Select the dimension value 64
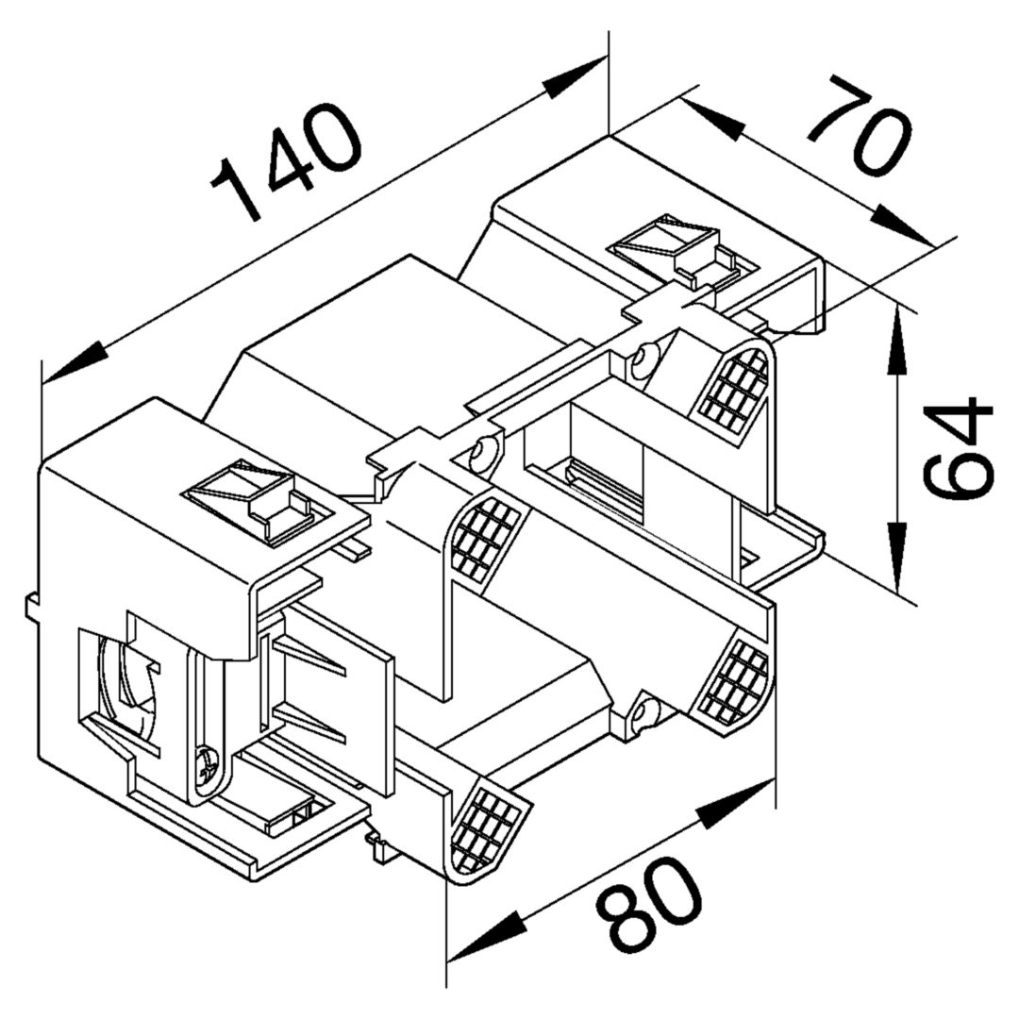[958, 448]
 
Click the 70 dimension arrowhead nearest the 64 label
[899, 225]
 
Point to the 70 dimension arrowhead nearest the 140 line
[710, 118]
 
